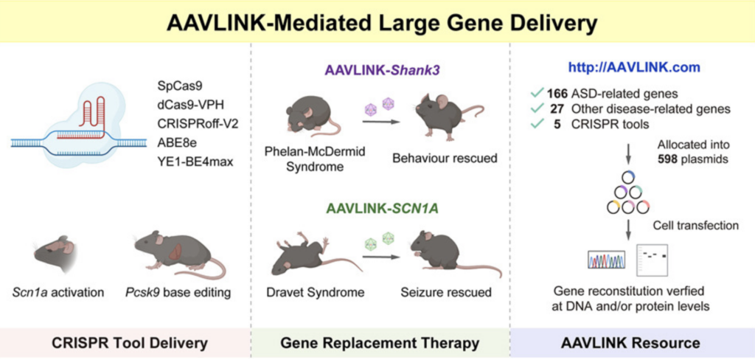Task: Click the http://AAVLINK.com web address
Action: (633, 68)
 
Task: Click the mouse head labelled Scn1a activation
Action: (55, 255)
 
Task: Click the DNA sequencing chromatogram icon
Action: (606, 260)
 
